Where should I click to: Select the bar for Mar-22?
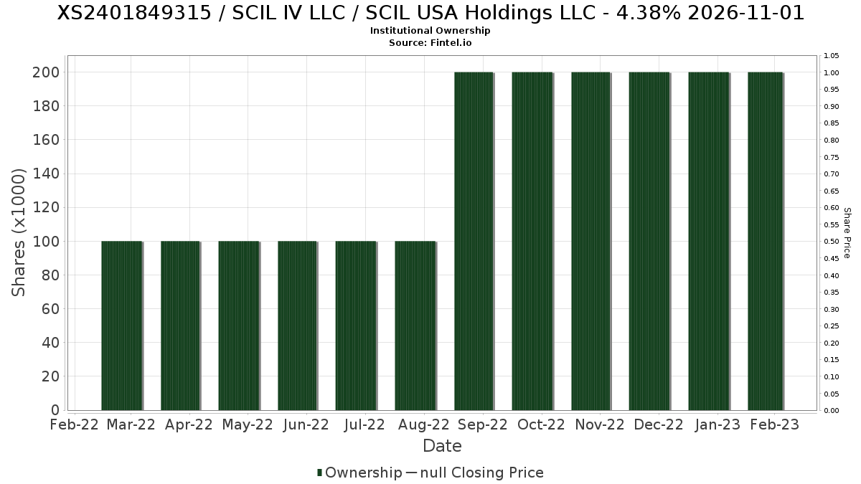point(121,326)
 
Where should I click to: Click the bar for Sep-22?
point(474,242)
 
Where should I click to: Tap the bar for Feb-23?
point(765,242)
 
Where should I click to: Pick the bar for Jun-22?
point(297,326)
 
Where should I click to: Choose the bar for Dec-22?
point(649,242)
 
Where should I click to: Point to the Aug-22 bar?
point(415,326)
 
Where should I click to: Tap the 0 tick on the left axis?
point(55,410)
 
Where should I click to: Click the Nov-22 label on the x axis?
point(600,424)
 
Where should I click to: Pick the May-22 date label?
point(248,424)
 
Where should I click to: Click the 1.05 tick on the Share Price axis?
point(832,56)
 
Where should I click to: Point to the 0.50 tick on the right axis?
point(832,242)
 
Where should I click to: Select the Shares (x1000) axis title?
point(19,232)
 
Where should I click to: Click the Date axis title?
point(442,446)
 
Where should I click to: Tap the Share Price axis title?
point(847,232)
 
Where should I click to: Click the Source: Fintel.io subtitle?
point(430,43)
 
